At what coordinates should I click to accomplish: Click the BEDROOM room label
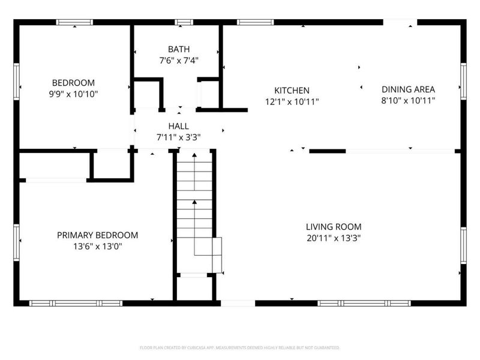73,83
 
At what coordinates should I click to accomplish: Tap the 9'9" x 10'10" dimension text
73,94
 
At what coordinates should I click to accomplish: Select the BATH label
178,49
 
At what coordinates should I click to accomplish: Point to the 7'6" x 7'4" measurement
178,60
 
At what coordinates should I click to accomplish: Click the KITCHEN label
292,90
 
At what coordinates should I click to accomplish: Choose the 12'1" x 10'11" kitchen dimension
292,102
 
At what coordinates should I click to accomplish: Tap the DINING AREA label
408,89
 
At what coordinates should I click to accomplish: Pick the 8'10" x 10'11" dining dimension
408,101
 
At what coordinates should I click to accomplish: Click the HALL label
178,126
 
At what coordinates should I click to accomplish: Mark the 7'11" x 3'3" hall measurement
178,137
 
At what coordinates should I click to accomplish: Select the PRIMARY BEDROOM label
97,235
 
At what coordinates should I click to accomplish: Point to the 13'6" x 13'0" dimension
97,247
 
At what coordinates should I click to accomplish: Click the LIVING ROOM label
334,227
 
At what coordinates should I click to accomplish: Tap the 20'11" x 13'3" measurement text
334,238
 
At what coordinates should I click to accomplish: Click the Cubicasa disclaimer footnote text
240,347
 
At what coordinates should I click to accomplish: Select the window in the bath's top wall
184,23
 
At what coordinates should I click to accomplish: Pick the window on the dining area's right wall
463,81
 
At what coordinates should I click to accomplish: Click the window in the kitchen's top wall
256,23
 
